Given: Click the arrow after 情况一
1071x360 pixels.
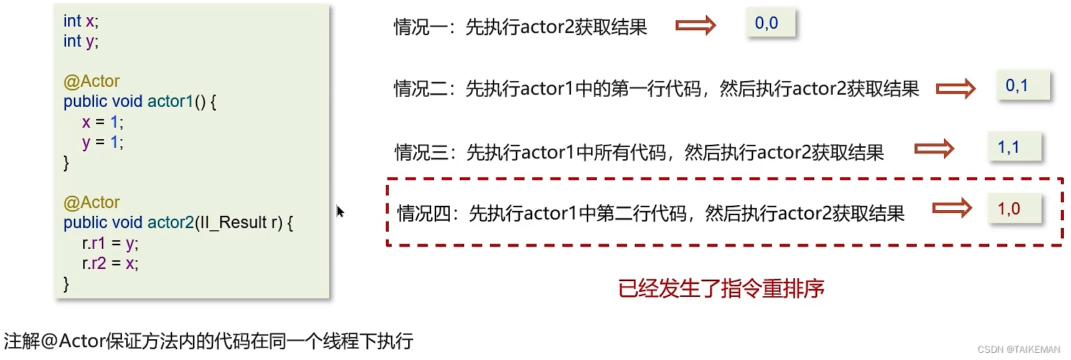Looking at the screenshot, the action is click(696, 27).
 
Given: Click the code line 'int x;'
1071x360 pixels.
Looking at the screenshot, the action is click(80, 22).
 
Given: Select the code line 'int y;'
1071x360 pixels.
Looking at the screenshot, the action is click(80, 42).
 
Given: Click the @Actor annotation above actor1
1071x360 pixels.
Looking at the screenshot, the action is click(91, 82).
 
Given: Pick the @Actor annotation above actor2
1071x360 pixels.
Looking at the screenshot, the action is click(91, 203).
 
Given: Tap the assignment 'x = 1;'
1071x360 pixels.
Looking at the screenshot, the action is click(103, 122).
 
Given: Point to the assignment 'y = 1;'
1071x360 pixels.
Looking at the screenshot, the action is click(103, 142).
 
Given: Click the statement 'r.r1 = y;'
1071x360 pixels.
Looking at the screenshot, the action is click(110, 243).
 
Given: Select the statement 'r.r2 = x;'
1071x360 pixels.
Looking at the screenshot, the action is click(110, 263).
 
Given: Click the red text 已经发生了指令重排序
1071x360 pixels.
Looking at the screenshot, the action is click(721, 288).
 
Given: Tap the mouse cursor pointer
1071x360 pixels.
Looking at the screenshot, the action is click(340, 211).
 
